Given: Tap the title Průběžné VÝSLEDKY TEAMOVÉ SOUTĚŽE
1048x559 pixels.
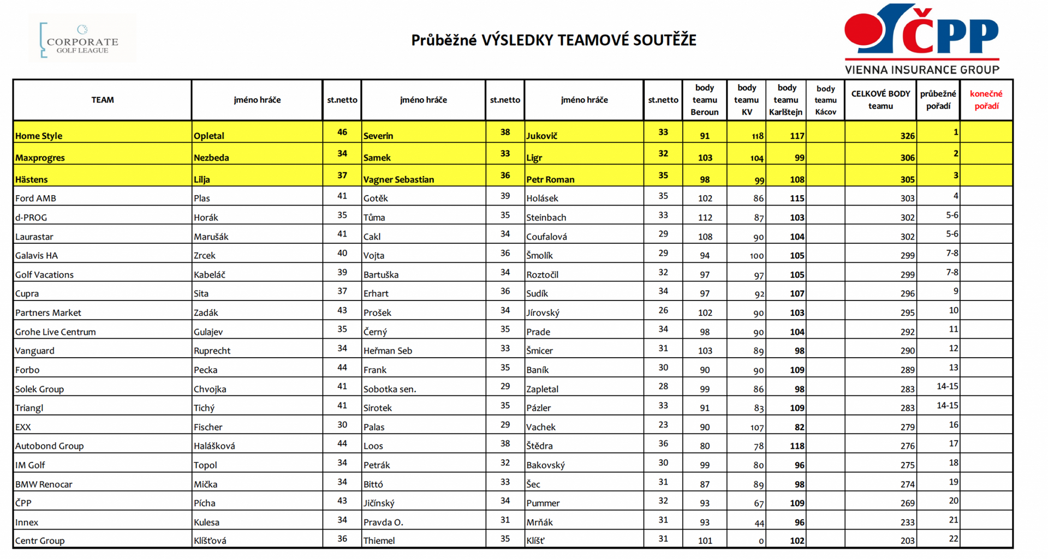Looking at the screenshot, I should [x=553, y=40].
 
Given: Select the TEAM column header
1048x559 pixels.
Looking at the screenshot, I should [x=103, y=100].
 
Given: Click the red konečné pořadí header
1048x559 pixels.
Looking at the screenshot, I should [x=986, y=100].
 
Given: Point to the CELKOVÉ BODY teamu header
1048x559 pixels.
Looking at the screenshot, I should [x=880, y=100].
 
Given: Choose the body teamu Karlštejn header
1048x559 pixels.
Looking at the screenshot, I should [x=786, y=100].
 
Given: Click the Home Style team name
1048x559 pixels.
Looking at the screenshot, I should [x=39, y=136].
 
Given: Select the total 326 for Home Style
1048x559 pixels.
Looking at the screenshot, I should [x=907, y=136].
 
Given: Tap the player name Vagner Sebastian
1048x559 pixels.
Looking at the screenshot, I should [x=398, y=179].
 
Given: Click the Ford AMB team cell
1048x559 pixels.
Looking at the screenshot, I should [x=35, y=199].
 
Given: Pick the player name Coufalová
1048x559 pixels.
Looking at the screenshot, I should [x=546, y=237].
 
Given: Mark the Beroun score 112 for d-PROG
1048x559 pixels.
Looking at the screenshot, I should [x=705, y=218].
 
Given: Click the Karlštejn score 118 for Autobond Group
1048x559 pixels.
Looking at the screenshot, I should [x=797, y=446].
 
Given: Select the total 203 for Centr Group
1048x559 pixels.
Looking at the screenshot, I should [x=907, y=541].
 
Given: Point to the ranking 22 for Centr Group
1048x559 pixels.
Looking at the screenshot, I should [x=953, y=539].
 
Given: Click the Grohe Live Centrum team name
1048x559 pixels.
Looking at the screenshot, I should [x=55, y=332].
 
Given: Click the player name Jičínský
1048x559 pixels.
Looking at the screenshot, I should [x=379, y=503].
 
